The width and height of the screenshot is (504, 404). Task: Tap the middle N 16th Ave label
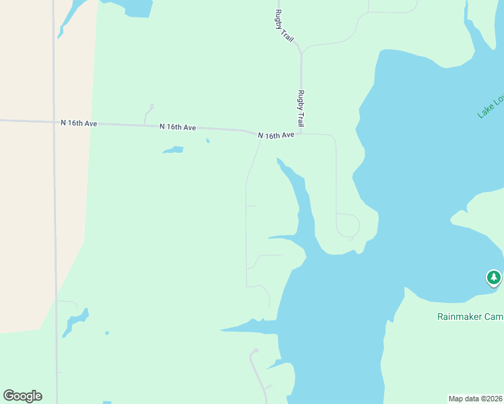(x=178, y=127)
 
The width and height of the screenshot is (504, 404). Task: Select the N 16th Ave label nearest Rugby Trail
(x=276, y=135)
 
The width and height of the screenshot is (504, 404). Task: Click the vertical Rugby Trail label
(x=301, y=108)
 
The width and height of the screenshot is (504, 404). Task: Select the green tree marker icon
(x=494, y=277)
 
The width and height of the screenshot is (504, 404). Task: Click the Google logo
(x=22, y=396)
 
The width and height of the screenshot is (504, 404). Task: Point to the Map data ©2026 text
(x=476, y=399)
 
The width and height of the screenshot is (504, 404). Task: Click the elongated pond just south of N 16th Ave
(x=173, y=150)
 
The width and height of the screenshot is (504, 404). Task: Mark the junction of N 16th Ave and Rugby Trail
(x=301, y=133)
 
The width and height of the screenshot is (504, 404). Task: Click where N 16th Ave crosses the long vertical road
(x=54, y=122)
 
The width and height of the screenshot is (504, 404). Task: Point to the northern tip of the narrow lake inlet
(x=278, y=160)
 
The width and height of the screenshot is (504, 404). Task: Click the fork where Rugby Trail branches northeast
(x=301, y=51)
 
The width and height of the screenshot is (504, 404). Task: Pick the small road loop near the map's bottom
(x=254, y=351)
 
